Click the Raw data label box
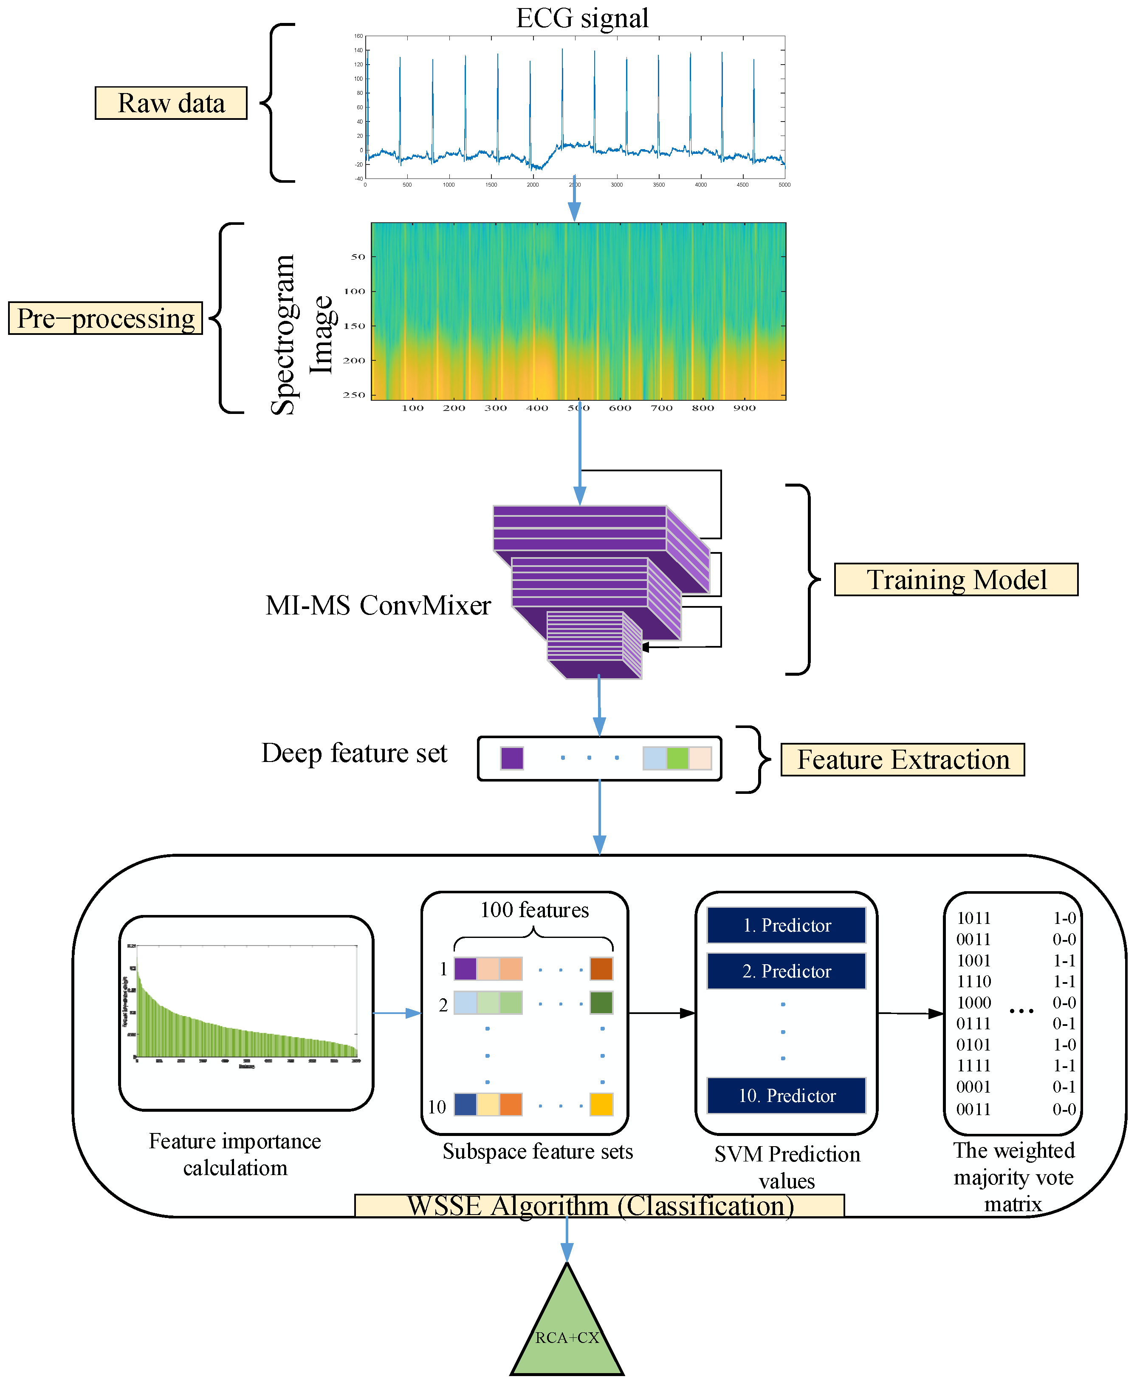(x=171, y=103)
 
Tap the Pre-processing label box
(x=105, y=318)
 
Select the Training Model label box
(x=956, y=579)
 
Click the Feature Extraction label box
(x=903, y=759)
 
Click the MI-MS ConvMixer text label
(x=378, y=605)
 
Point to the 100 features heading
(x=534, y=910)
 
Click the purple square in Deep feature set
(x=511, y=758)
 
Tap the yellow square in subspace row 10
(x=601, y=1104)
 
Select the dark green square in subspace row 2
(x=601, y=1003)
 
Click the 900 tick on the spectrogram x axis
(x=744, y=408)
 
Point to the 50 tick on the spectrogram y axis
(x=358, y=257)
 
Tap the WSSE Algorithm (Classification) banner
(x=599, y=1206)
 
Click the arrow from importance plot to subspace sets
(x=397, y=1013)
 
